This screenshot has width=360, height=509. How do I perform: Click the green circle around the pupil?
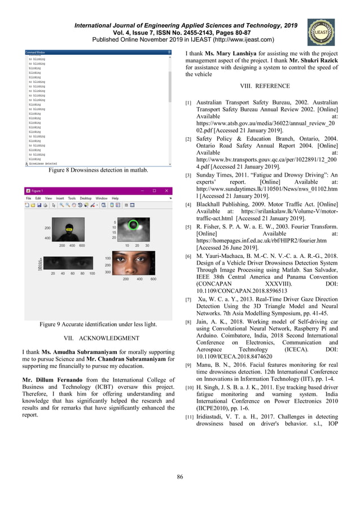tap(133, 225)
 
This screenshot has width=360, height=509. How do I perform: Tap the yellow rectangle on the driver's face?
tap(69, 230)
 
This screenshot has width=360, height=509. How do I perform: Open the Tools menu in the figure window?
tap(72, 199)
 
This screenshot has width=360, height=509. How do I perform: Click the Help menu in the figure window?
tap(115, 199)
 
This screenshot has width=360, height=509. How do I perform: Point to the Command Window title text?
tap(35, 52)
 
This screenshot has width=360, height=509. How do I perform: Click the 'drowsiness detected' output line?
tap(45, 164)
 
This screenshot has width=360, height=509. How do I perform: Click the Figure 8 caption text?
tap(98, 170)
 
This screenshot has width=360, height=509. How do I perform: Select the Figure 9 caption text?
tap(98, 324)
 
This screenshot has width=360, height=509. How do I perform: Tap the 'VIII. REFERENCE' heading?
tap(265, 86)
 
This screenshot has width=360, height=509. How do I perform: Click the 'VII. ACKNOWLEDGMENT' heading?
tap(98, 338)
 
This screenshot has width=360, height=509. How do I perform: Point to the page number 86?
tap(180, 477)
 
